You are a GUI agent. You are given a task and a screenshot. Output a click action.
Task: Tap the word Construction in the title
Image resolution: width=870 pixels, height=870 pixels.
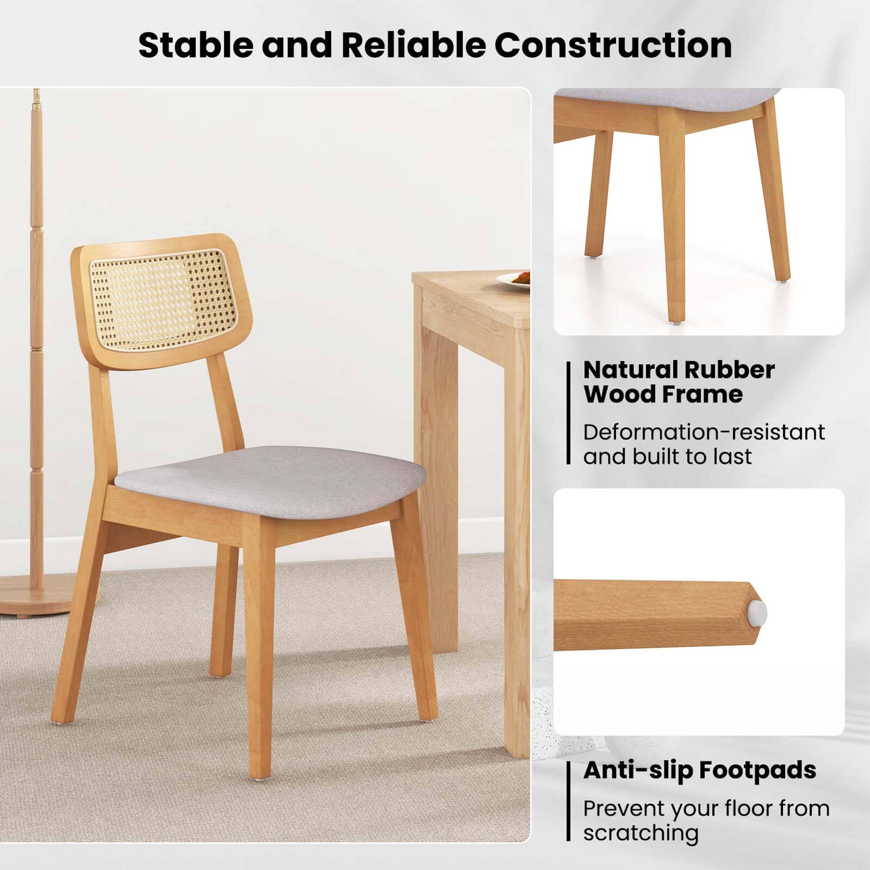pos(613,45)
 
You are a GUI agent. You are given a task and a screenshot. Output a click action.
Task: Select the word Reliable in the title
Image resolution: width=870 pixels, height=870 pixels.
pos(413,45)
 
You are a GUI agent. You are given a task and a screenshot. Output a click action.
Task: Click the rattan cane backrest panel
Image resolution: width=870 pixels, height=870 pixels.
pos(163,300)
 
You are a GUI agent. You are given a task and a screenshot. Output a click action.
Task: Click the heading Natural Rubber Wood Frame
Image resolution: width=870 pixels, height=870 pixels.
pos(679,382)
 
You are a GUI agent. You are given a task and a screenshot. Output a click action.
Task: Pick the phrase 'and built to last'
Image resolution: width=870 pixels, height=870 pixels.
pos(667,457)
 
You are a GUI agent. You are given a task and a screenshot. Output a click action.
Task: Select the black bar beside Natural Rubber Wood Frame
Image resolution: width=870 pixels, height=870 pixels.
pos(569,413)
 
